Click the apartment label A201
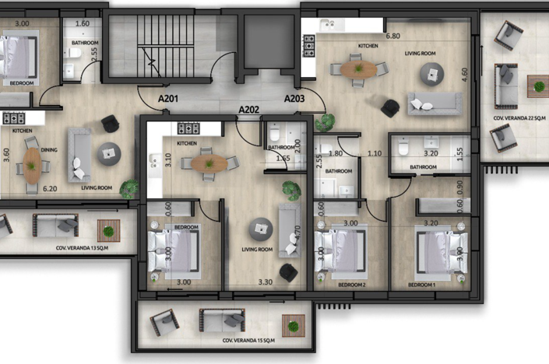tap(170, 100)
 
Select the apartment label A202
tap(249, 110)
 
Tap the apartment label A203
tap(294, 100)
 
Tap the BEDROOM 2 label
tap(351, 285)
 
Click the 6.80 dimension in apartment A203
tap(392, 36)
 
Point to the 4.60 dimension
tap(464, 75)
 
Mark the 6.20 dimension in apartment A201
tap(51, 188)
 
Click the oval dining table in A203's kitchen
tap(357, 69)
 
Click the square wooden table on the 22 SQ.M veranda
tap(537, 86)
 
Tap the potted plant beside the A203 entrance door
tap(325, 122)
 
